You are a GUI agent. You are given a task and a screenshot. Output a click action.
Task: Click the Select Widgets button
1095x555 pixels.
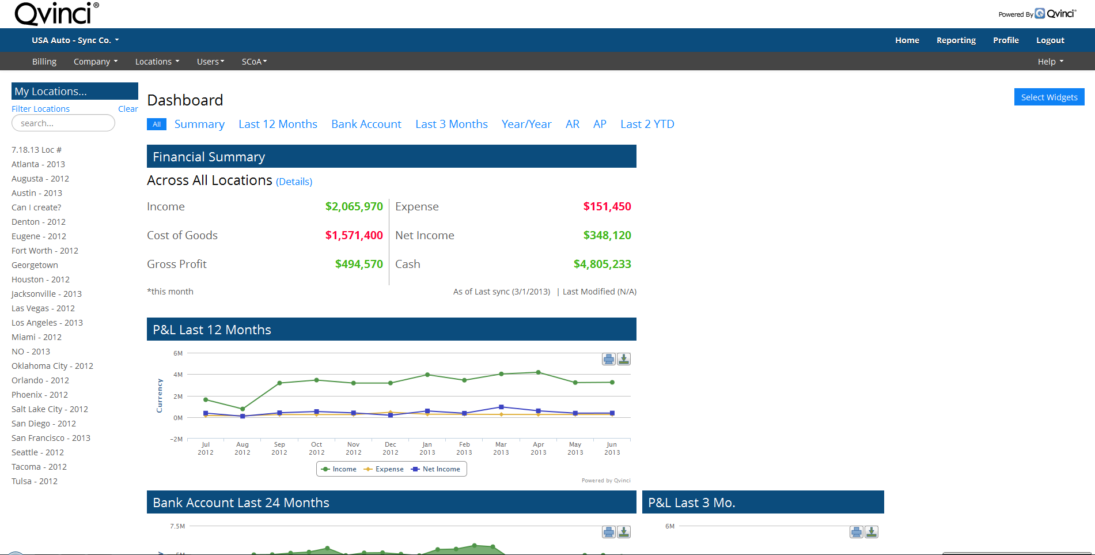[x=1049, y=97]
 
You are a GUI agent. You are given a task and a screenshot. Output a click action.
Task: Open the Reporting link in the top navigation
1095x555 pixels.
[x=956, y=40]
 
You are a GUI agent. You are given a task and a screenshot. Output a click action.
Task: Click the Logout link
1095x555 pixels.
[x=1049, y=40]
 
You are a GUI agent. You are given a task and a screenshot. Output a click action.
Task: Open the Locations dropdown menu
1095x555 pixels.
[x=157, y=62]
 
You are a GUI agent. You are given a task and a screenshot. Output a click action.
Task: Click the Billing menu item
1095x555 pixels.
[x=44, y=62]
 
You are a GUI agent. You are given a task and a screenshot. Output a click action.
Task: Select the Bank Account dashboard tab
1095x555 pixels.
[x=366, y=124]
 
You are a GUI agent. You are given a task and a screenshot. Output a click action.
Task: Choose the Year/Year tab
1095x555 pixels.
[x=526, y=124]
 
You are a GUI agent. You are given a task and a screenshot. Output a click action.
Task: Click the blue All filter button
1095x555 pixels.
[x=156, y=124]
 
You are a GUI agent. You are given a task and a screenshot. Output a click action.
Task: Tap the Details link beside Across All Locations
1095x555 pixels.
[x=294, y=182]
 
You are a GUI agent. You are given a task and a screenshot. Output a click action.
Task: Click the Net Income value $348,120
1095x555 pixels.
[x=607, y=235]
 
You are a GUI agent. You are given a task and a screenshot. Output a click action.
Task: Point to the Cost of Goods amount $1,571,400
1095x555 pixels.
[x=354, y=235]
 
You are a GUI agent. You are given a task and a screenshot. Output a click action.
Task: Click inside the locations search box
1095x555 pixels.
[x=63, y=123]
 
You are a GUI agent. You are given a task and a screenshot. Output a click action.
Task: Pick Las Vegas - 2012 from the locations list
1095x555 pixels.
[x=43, y=308]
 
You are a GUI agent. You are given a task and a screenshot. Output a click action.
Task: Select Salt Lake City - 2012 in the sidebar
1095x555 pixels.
[x=50, y=409]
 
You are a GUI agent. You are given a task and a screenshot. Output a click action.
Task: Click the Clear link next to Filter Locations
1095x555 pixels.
[x=128, y=109]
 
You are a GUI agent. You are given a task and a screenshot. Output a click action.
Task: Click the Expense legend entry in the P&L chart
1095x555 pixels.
[x=384, y=469]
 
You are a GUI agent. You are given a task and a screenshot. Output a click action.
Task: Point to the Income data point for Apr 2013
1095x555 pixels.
[x=538, y=372]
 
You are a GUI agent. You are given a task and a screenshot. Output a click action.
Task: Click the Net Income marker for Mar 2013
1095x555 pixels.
[x=501, y=407]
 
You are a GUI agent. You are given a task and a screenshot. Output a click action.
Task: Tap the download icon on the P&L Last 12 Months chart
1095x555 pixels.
[x=624, y=359]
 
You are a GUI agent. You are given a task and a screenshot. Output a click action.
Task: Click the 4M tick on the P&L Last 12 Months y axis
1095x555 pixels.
[x=178, y=375]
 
